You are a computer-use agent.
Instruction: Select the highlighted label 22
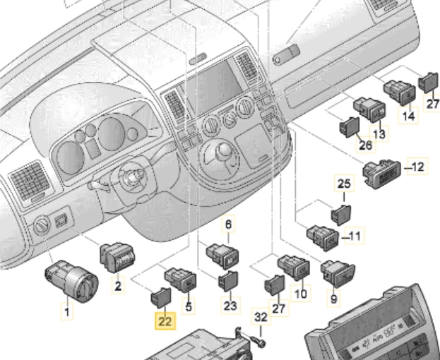click(164, 321)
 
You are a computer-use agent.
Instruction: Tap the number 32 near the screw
click(261, 318)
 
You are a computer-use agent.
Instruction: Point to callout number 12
click(418, 167)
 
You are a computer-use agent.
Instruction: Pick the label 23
click(230, 306)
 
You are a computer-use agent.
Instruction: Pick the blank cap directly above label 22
click(160, 296)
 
